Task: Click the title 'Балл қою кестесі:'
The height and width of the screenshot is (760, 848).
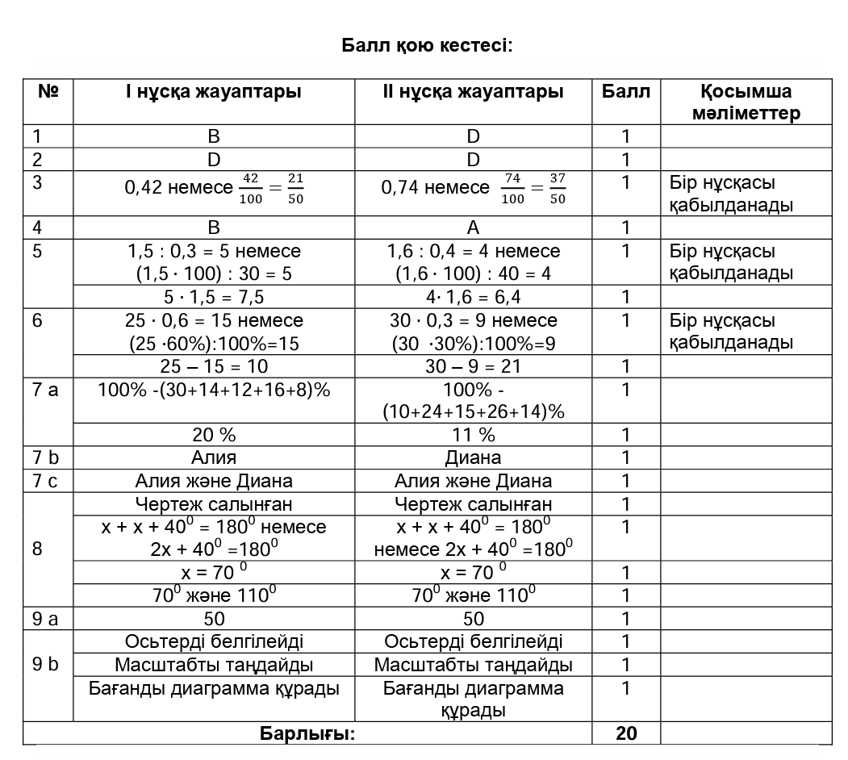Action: pos(427,45)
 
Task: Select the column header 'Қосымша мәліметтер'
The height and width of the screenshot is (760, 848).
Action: pos(746,102)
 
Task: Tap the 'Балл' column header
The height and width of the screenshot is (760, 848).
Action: pos(625,91)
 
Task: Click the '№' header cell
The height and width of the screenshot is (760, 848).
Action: pos(48,91)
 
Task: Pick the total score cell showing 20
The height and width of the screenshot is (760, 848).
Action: pos(626,733)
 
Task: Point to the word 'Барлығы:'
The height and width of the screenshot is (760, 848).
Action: pos(307,733)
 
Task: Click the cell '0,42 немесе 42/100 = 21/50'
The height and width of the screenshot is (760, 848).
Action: pos(214,188)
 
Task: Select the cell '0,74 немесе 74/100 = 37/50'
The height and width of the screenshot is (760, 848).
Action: pos(474,188)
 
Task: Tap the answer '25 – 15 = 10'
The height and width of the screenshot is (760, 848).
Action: pos(214,366)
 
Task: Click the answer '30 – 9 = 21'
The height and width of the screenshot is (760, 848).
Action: pos(474,366)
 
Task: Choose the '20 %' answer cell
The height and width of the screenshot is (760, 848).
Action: pos(214,435)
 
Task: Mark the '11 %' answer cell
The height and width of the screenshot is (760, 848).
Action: pos(474,435)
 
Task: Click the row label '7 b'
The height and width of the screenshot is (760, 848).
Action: pos(46,457)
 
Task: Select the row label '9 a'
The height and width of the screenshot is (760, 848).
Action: pos(46,619)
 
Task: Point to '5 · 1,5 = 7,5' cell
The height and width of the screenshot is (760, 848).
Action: pos(214,297)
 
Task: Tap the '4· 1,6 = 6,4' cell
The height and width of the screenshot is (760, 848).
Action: pos(474,297)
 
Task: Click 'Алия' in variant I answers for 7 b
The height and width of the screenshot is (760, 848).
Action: pos(214,457)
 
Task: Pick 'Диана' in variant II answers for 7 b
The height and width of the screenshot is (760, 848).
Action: pos(474,457)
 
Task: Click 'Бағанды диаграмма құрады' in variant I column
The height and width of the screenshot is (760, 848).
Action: pos(214,688)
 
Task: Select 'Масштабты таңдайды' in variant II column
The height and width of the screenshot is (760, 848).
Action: pos(474,665)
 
